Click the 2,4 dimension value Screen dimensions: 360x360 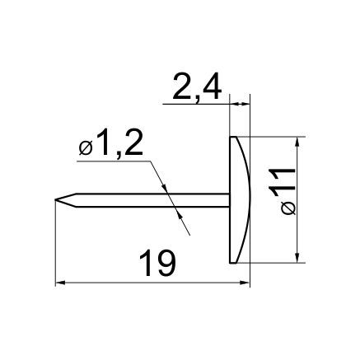click(197, 87)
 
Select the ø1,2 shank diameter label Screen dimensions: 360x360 click(110, 144)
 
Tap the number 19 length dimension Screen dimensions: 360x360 click(157, 263)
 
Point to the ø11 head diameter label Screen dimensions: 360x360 click(282, 191)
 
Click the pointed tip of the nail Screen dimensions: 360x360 click(55, 199)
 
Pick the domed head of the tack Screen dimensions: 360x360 click(240, 199)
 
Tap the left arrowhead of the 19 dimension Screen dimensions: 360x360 click(60, 282)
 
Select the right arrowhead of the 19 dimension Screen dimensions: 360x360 click(245, 282)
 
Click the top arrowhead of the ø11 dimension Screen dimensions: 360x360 click(297, 142)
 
